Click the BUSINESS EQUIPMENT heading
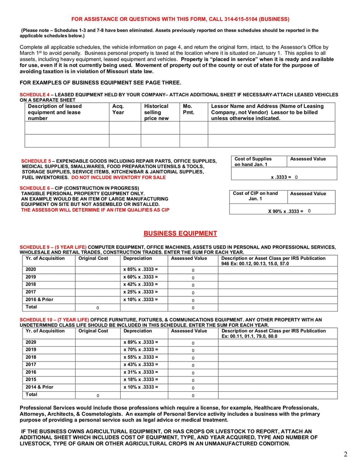click(180, 233)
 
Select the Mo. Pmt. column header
click(188, 109)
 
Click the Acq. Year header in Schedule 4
click(118, 109)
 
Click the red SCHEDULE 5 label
click(36, 161)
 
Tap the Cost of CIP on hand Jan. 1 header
click(255, 196)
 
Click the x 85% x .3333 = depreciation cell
click(140, 269)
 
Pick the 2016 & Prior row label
click(39, 299)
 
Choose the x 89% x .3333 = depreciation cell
click(140, 342)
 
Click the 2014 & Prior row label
click(39, 387)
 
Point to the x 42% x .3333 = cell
click(140, 285)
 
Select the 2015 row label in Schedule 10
click(31, 380)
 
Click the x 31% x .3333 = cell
click(140, 372)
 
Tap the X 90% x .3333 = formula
click(285, 211)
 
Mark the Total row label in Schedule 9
click(31, 307)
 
